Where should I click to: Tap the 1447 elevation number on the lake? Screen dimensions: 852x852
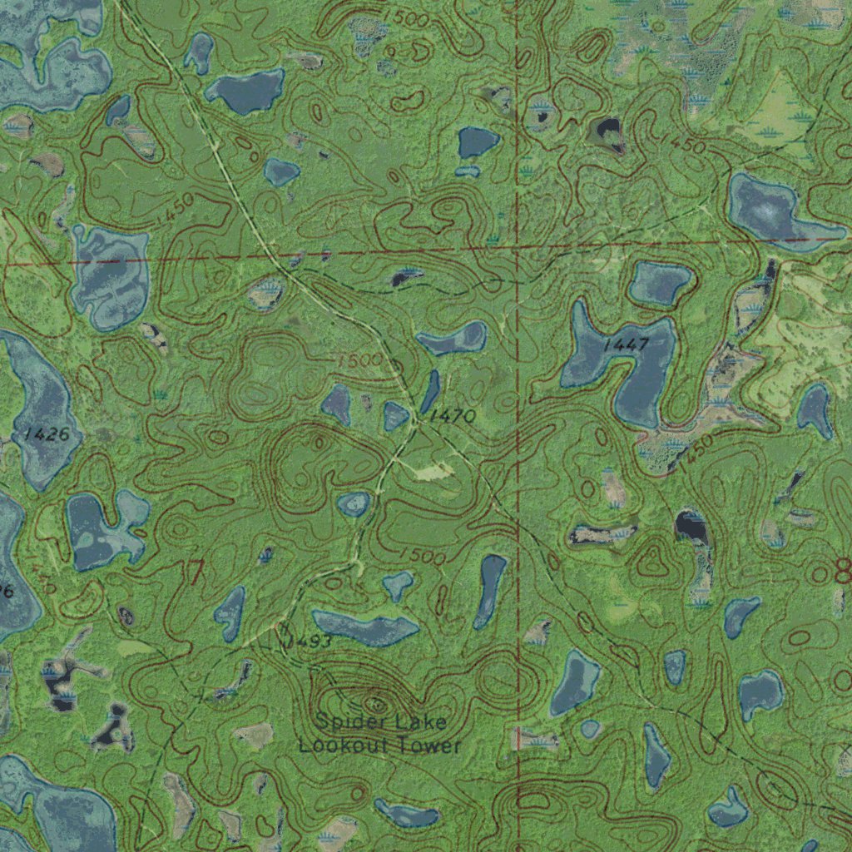click(626, 344)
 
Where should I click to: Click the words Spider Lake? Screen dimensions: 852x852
click(381, 721)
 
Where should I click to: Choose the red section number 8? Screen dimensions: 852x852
click(842, 571)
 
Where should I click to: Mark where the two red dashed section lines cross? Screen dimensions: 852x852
click(518, 248)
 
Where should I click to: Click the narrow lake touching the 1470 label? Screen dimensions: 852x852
click(430, 391)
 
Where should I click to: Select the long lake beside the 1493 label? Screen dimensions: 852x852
click(364, 628)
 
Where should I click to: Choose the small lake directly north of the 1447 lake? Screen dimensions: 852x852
click(659, 283)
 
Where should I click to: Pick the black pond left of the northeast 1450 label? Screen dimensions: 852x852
click(608, 131)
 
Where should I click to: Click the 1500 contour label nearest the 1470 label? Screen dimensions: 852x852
click(359, 361)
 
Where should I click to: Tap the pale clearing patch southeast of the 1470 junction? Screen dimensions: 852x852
click(433, 472)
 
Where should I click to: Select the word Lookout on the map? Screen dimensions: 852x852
click(340, 745)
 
